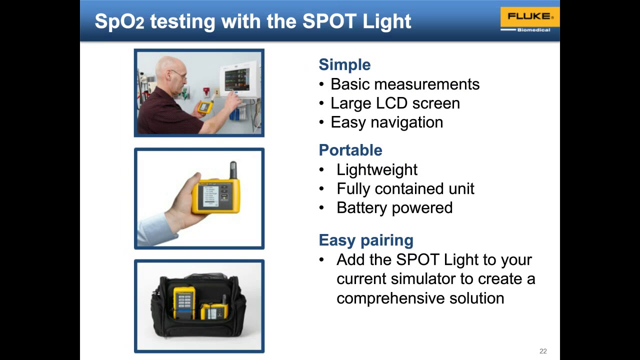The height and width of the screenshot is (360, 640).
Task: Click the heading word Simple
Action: (x=344, y=65)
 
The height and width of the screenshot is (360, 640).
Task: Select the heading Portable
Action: (x=350, y=150)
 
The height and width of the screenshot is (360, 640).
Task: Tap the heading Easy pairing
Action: (x=365, y=240)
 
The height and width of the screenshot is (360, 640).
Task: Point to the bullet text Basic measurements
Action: (x=404, y=84)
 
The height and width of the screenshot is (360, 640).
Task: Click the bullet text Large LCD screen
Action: (x=394, y=103)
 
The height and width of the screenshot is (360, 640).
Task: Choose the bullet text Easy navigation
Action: (x=386, y=122)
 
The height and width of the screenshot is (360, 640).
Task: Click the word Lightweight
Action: (x=376, y=170)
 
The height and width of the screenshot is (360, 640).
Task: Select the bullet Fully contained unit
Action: (x=405, y=189)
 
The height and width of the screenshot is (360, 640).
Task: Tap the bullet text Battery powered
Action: (x=394, y=208)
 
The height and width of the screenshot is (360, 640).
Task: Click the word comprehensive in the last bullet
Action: (x=390, y=298)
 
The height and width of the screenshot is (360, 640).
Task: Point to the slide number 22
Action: (x=543, y=351)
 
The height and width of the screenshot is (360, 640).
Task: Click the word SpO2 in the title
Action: (x=119, y=21)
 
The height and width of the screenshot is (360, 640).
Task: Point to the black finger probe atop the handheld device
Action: (x=232, y=170)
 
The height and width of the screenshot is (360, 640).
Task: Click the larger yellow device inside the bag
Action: (x=184, y=302)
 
